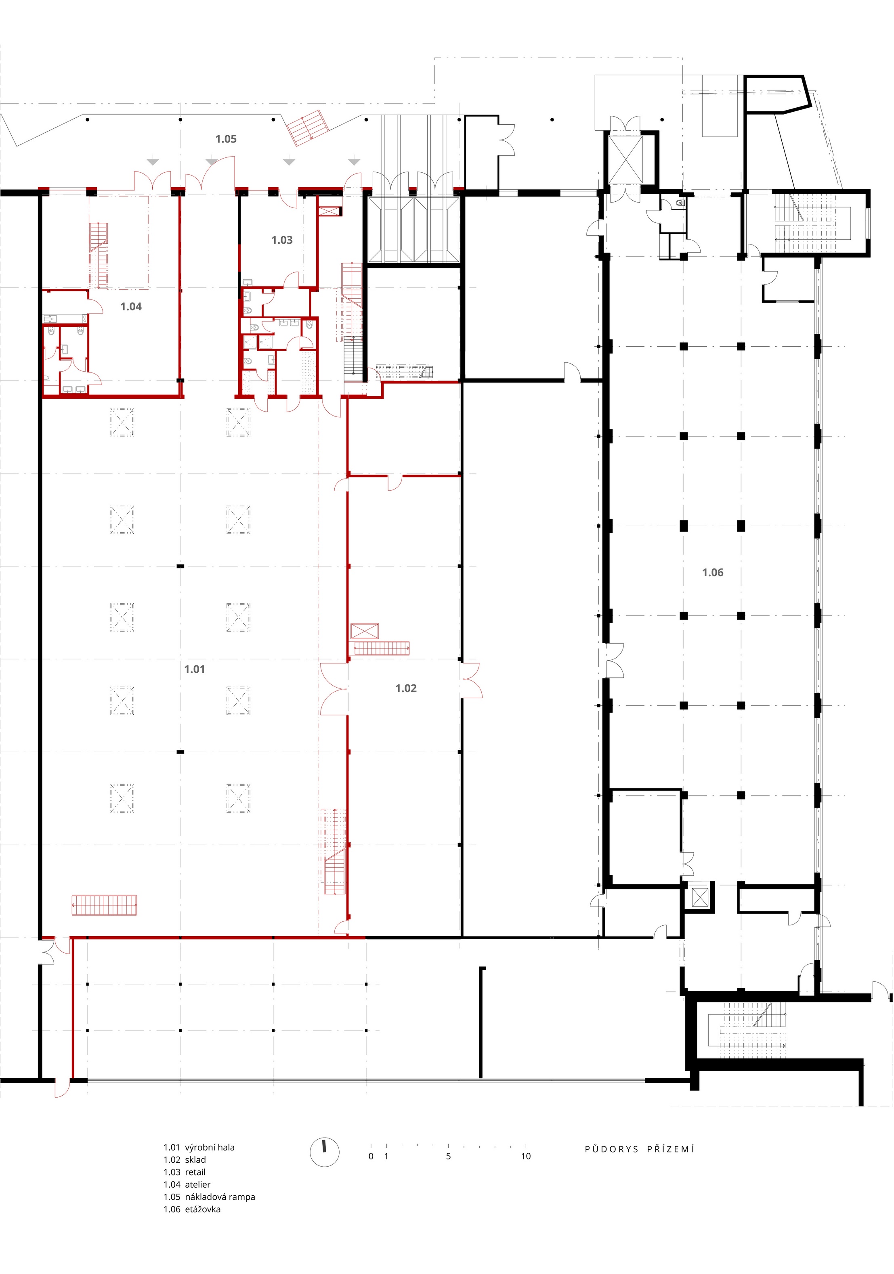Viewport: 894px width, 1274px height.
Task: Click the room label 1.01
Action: click(x=194, y=669)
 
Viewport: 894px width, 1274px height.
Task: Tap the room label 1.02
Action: click(x=406, y=688)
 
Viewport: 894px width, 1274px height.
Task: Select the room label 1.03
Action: click(x=282, y=240)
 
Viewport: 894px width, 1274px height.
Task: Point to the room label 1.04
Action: click(x=131, y=306)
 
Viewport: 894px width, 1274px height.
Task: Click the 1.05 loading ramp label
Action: click(x=226, y=139)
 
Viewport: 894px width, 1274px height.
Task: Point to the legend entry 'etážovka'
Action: click(x=203, y=1209)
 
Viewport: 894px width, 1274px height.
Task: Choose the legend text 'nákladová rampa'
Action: click(x=220, y=1197)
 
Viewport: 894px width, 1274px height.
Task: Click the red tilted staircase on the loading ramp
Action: click(x=308, y=128)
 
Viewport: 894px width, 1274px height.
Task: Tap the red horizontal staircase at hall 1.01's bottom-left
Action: click(x=104, y=905)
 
